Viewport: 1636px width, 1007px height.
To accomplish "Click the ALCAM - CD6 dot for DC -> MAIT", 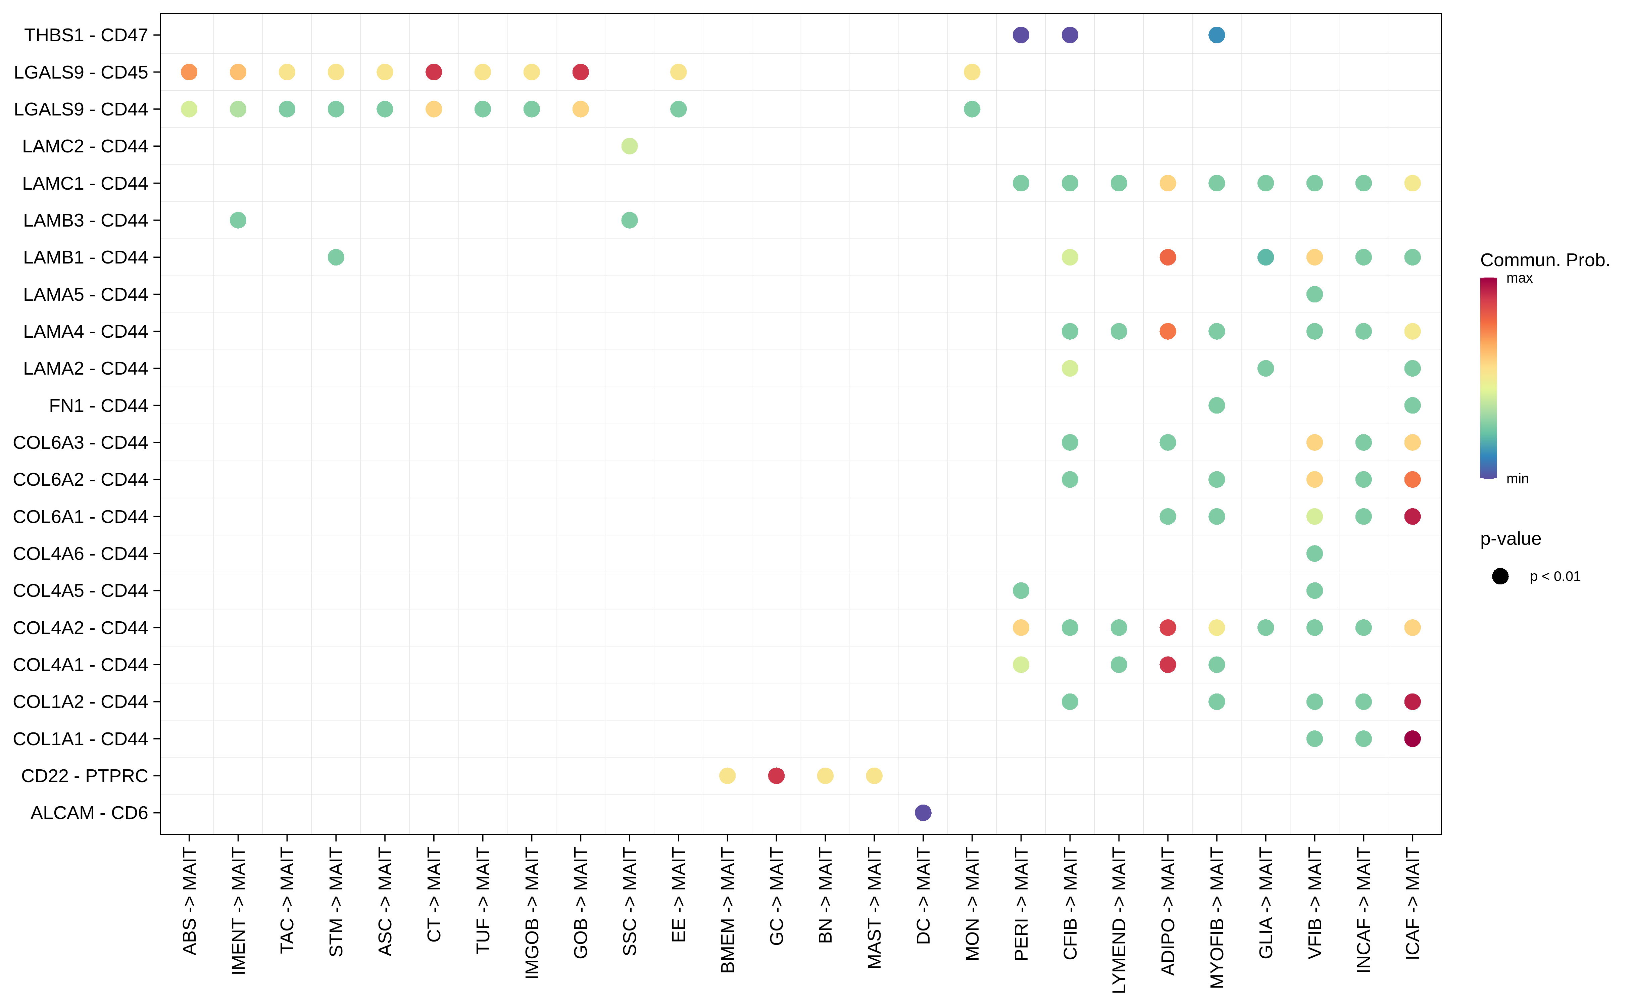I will click(x=923, y=813).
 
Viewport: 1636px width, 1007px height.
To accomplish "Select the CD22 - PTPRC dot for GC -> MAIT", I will click(x=776, y=776).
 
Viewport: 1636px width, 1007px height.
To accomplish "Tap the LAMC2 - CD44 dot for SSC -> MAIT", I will click(x=629, y=146).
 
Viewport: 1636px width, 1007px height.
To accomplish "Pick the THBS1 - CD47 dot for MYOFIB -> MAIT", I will click(x=1217, y=35).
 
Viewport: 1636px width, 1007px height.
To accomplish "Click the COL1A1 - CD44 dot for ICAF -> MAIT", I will click(x=1412, y=738).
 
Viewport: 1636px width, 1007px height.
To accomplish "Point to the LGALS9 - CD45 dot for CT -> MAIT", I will click(x=434, y=72).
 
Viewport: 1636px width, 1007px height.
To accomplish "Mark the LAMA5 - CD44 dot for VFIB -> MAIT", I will click(x=1315, y=294).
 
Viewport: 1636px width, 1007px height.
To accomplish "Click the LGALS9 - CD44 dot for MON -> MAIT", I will click(x=972, y=109).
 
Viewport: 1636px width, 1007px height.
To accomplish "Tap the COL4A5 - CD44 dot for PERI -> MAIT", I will click(x=1021, y=591).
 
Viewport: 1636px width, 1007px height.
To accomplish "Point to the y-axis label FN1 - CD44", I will click(x=99, y=405).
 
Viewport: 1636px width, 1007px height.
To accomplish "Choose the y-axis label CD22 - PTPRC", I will click(x=85, y=776).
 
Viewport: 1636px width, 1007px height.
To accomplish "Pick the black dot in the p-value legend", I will click(x=1500, y=576).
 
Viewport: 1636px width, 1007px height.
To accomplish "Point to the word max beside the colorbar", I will click(x=1520, y=278).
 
